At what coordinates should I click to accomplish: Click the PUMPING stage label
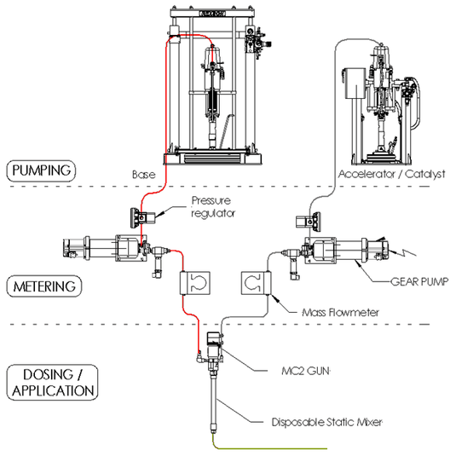41,170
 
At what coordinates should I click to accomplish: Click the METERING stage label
44,286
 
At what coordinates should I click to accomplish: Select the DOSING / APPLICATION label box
52,383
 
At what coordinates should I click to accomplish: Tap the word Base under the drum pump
144,175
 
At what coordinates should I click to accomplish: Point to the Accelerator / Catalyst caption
391,174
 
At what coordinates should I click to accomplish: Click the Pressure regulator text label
213,207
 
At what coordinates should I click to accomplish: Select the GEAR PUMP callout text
419,281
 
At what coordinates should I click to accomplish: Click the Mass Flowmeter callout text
341,313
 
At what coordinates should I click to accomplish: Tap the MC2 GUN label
306,371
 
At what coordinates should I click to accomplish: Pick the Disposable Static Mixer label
327,422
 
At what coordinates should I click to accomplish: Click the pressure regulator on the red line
142,218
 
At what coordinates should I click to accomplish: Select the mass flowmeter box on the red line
195,283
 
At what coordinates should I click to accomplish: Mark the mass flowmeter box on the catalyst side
257,283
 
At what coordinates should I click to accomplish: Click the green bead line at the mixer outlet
269,447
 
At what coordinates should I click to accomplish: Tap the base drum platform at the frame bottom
212,159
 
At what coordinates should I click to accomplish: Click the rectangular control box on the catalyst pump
355,84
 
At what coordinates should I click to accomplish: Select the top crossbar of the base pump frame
212,14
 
